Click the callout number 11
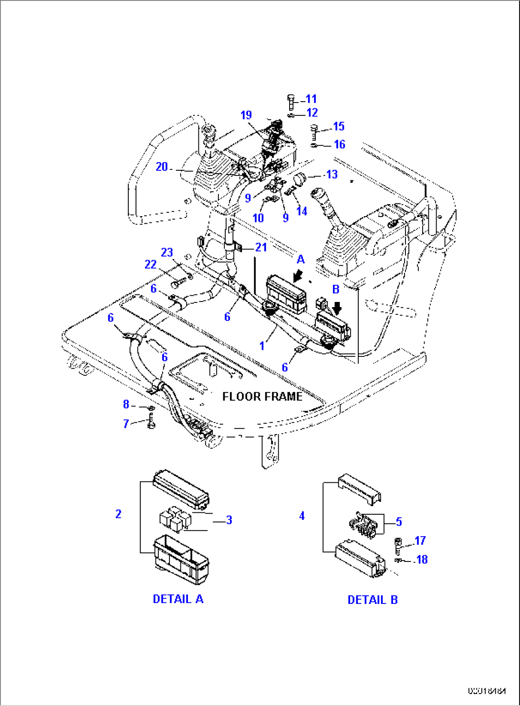(311, 99)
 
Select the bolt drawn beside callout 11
(291, 102)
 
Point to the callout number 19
(246, 115)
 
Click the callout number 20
(162, 166)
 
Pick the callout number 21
(261, 247)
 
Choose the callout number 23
(166, 252)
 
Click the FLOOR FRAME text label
(262, 396)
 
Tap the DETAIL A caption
(178, 599)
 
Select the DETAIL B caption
(373, 600)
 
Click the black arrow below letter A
(299, 275)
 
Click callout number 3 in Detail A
(229, 520)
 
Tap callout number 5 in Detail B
(399, 522)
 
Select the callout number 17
(420, 540)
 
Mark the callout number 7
(126, 424)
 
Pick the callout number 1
(262, 345)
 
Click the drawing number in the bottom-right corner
(487, 690)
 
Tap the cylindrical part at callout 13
(301, 180)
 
